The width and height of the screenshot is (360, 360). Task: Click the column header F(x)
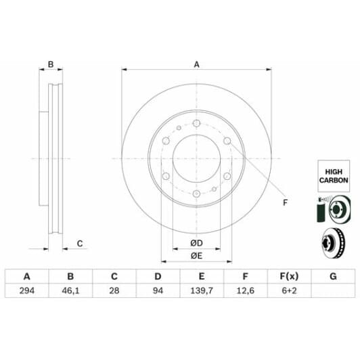(x=289, y=277)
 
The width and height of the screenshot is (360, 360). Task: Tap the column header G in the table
(x=333, y=277)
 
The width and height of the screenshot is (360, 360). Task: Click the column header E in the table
(x=202, y=277)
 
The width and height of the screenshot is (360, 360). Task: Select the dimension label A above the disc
(x=197, y=64)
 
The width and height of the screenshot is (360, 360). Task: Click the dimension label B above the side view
(x=50, y=65)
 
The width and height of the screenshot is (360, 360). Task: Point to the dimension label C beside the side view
(x=79, y=244)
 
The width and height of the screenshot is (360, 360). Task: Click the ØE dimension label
(x=196, y=255)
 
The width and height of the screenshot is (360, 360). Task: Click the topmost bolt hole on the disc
(x=196, y=124)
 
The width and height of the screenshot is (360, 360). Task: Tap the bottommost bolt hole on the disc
(x=196, y=195)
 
